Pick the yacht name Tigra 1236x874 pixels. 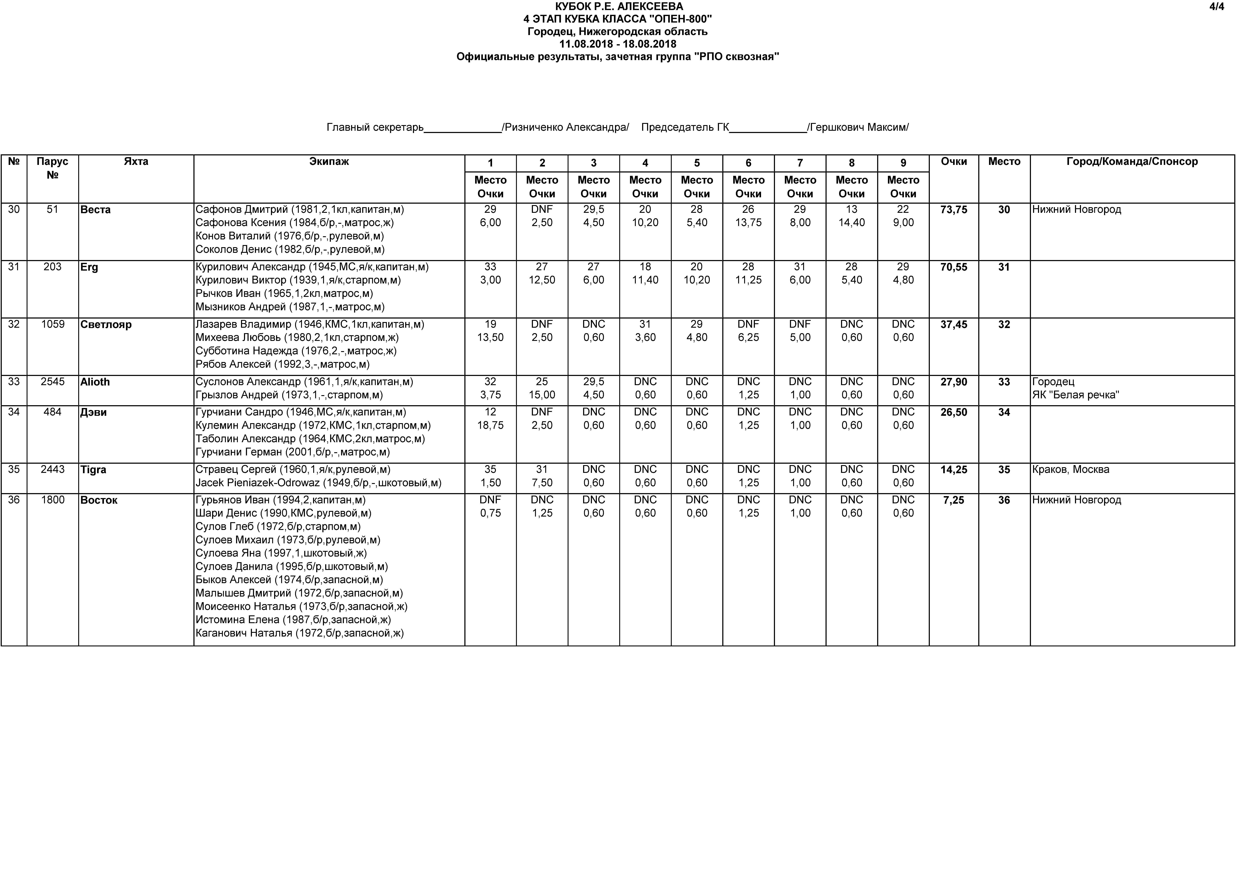(x=93, y=470)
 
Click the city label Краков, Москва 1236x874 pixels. (x=1071, y=470)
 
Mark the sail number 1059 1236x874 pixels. (x=52, y=324)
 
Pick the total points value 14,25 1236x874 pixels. (x=953, y=470)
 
